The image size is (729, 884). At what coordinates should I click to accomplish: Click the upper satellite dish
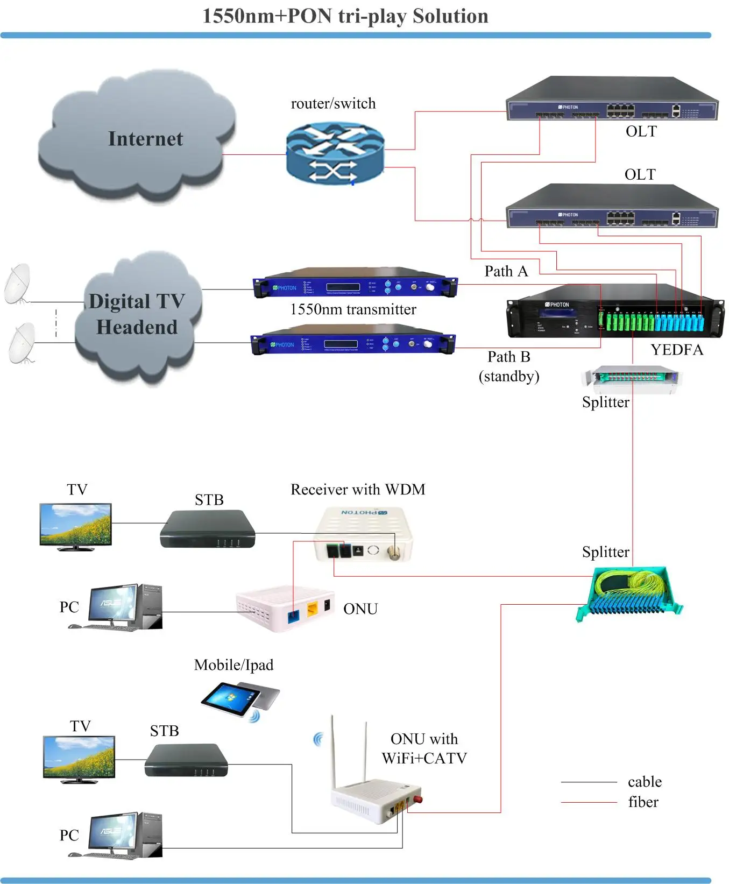[x=17, y=284]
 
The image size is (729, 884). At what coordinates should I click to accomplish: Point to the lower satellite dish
[x=22, y=343]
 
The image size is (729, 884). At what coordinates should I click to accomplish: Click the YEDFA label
[x=677, y=350]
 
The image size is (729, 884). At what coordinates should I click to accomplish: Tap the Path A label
[x=506, y=271]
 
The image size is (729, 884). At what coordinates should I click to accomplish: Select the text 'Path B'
[x=508, y=357]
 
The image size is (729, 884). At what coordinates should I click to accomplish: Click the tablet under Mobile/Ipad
[x=240, y=699]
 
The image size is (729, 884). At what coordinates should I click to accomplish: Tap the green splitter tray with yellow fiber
[x=629, y=595]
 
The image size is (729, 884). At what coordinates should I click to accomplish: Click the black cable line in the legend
[x=589, y=782]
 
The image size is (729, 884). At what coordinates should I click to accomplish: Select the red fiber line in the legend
[x=589, y=802]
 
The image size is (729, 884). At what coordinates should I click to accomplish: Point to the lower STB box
[x=186, y=760]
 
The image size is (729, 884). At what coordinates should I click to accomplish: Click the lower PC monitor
[x=111, y=832]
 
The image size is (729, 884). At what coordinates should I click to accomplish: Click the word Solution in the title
[x=450, y=16]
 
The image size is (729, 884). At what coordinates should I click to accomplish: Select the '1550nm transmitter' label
[x=353, y=309]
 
